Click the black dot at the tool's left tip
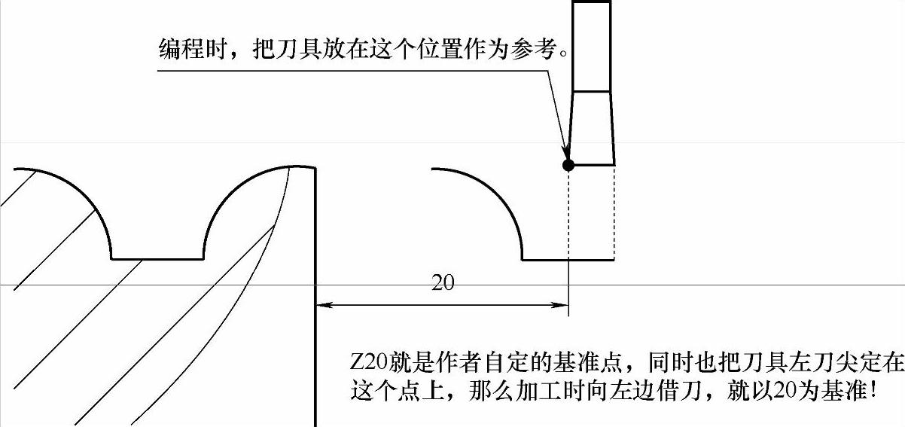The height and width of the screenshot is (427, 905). [x=568, y=165]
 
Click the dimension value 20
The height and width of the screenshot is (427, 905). [x=443, y=283]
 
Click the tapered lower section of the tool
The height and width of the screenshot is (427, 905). [x=592, y=128]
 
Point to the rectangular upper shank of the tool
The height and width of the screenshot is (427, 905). [x=591, y=45]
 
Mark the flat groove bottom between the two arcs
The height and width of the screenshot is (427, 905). [x=157, y=259]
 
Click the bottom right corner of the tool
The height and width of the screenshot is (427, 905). [x=615, y=164]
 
